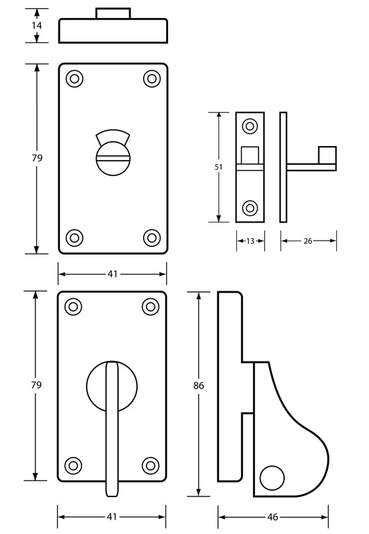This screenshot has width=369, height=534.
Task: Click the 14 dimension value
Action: tap(37, 26)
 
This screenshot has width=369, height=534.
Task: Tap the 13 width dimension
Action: tap(250, 241)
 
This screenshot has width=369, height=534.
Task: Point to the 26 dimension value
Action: tap(308, 241)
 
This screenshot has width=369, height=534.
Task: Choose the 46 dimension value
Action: tap(272, 517)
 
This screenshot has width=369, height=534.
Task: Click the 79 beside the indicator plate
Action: tap(37, 158)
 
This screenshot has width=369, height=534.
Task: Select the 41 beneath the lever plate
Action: tap(112, 517)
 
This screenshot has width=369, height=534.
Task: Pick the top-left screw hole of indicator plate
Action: tap(74, 79)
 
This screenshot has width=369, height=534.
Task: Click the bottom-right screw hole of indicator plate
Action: tap(151, 238)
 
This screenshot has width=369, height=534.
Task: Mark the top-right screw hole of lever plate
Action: tap(150, 307)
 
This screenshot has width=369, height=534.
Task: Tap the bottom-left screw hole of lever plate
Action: tap(74, 465)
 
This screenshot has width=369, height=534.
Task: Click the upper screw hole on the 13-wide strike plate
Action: tap(250, 127)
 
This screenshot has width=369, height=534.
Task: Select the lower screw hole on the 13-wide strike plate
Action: tap(250, 207)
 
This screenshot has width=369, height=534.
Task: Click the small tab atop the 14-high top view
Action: tap(113, 14)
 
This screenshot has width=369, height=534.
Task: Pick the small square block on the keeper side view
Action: tap(327, 155)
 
